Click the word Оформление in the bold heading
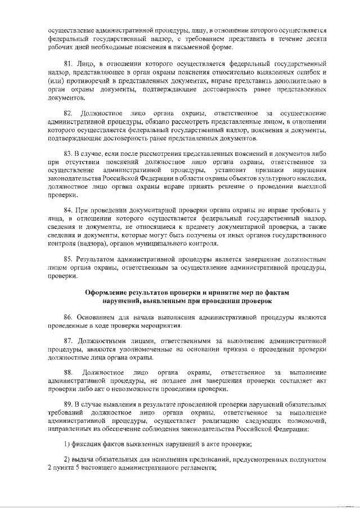click(106, 293)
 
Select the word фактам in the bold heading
click(274, 293)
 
